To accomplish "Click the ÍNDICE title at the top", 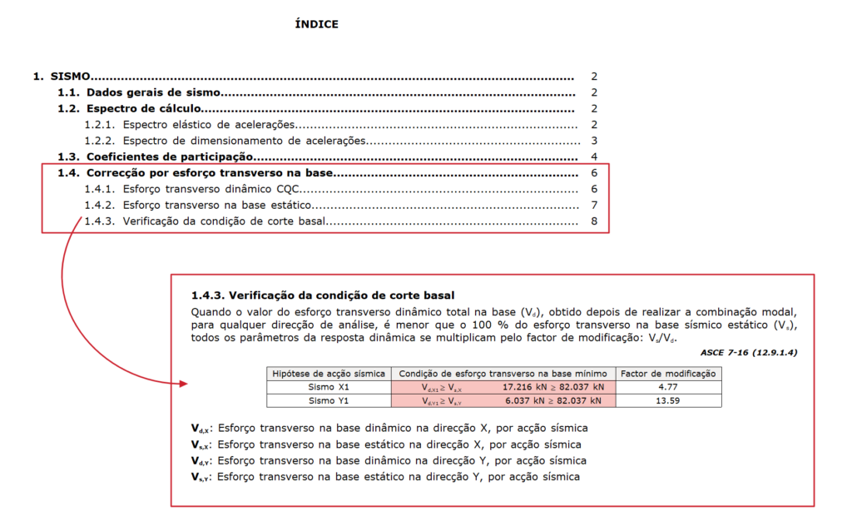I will (x=316, y=24).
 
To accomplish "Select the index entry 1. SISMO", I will (x=62, y=76).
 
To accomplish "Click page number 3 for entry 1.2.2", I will (x=594, y=141).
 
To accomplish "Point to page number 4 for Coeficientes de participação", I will (x=594, y=156).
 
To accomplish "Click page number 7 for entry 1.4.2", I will (x=594, y=205).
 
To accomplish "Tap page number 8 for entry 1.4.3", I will (x=594, y=221).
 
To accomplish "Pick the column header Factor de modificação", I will (x=668, y=374).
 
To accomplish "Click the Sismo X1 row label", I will (x=328, y=387).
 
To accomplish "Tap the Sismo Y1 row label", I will (x=328, y=400).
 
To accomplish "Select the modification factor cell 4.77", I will (x=668, y=387).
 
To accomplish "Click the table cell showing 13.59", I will (x=668, y=400).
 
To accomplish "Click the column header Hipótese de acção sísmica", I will (x=328, y=374).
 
